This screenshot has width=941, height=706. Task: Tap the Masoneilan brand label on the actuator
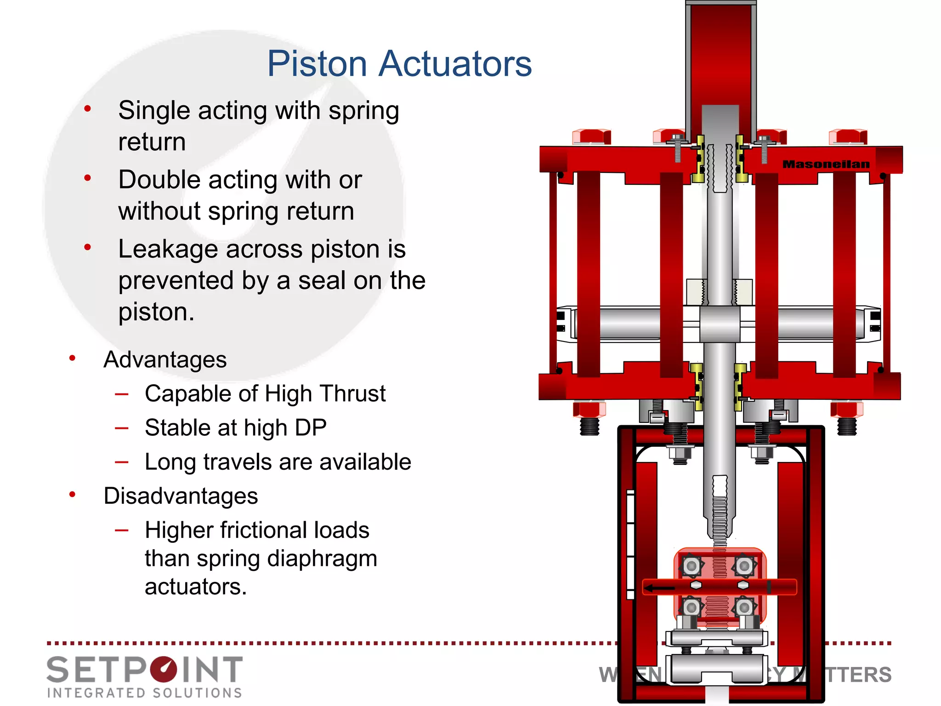(826, 164)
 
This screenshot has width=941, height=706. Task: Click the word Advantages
(165, 359)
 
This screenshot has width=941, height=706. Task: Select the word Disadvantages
(181, 496)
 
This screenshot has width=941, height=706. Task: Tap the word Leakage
(168, 249)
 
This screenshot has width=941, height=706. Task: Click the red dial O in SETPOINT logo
(163, 669)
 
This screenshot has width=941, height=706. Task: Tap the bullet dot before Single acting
(87, 109)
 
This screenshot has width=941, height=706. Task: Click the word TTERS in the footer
(858, 675)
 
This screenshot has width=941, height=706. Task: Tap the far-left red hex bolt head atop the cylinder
(591, 137)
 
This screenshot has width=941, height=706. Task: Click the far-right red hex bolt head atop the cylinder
(848, 137)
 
